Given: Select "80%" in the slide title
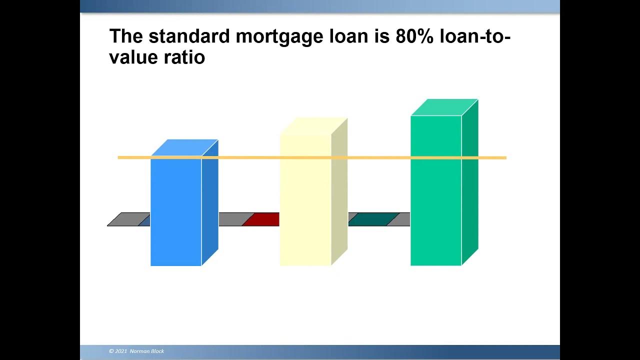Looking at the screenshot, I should [x=414, y=36].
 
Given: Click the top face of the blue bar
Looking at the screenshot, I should [x=184, y=147].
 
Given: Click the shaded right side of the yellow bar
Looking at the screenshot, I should [x=339, y=195].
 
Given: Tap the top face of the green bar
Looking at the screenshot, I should [x=444, y=107].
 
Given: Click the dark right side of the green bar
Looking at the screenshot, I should [x=469, y=185].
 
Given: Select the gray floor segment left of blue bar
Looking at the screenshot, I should [x=126, y=219].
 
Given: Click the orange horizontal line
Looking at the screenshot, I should [x=250, y=157].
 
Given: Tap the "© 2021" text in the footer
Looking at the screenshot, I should [x=118, y=351].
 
